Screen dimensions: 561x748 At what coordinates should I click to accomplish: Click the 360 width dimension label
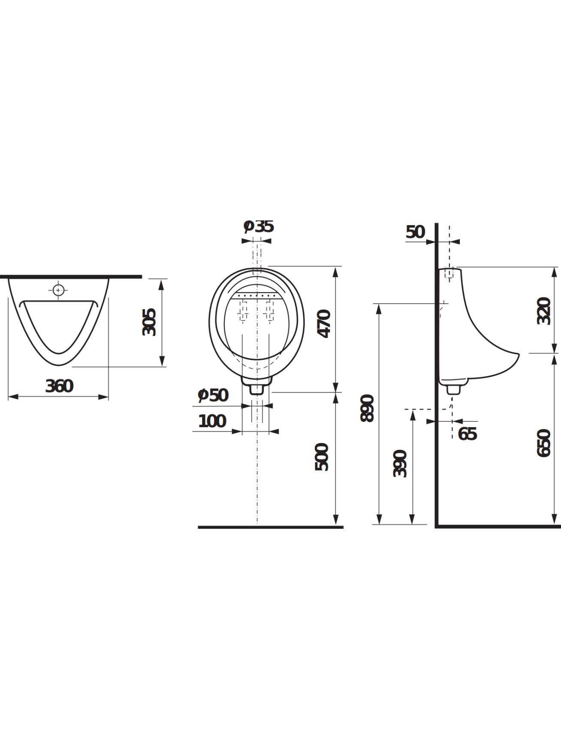point(59,386)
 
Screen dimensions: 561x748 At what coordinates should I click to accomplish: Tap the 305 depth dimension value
point(149,322)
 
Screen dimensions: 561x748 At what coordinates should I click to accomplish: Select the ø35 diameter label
point(259,226)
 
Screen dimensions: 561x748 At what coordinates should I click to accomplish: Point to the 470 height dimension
point(324,323)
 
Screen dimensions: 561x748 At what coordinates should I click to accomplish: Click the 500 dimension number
point(322,457)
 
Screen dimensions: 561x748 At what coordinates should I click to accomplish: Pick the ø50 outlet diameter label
point(213,395)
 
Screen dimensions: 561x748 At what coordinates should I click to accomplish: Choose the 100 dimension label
point(212,421)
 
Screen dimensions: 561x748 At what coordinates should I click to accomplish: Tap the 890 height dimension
point(368,408)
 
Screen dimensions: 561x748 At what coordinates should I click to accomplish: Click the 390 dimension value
point(400,464)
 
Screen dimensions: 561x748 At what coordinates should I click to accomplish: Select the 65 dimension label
point(467,434)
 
